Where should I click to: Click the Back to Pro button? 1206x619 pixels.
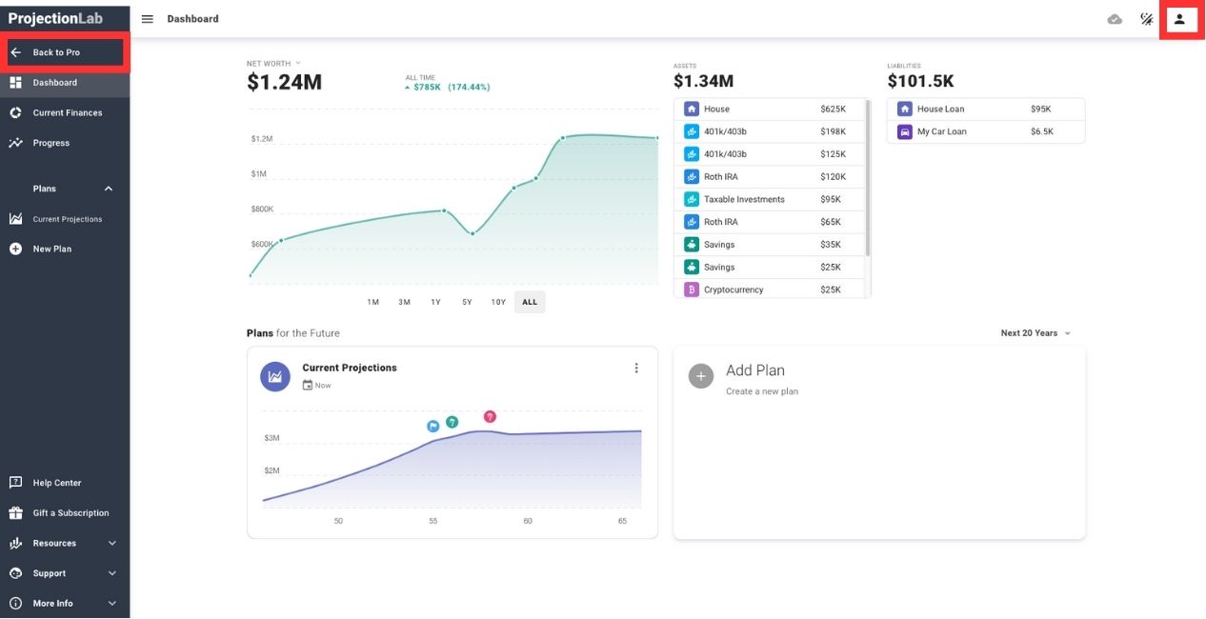coord(65,52)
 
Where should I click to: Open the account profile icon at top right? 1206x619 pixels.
coord(1179,19)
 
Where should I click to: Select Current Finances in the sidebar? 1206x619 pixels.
coord(67,112)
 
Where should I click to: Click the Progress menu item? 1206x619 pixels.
coord(50,143)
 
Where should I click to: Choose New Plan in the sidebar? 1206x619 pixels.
coord(51,249)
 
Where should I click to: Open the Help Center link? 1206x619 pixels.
coord(57,483)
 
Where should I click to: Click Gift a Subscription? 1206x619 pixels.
coord(70,513)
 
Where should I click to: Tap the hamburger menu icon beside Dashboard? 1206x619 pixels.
coord(148,19)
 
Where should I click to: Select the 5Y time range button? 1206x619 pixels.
coord(467,302)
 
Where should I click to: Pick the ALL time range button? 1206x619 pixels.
coord(530,302)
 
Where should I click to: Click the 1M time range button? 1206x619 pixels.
coord(373,302)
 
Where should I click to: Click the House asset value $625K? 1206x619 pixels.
coord(833,109)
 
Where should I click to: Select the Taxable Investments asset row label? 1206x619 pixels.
coord(744,199)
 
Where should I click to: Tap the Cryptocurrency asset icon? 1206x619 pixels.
coord(692,290)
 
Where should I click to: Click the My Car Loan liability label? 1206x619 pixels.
coord(941,131)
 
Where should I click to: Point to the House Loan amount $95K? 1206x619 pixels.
coord(1040,109)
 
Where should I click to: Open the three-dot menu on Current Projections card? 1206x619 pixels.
coord(636,369)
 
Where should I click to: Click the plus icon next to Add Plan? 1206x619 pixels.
coord(701,376)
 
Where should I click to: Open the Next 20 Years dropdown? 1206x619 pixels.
coord(1035,333)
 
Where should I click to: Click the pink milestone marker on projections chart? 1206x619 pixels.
coord(490,416)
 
